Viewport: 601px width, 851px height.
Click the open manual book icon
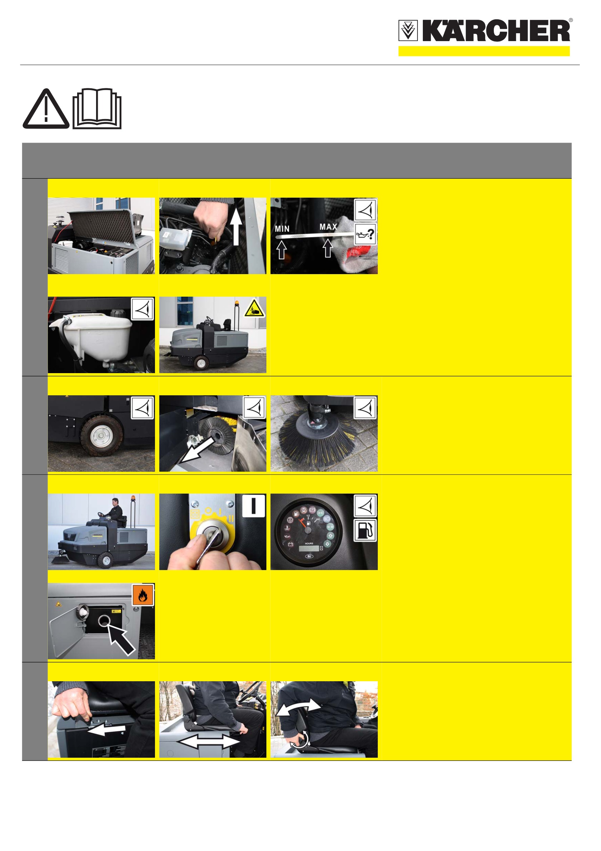tap(97, 109)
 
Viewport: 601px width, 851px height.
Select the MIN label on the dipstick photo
tap(282, 229)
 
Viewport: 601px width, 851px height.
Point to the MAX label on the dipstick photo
tap(328, 227)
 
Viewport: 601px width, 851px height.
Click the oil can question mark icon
tap(365, 234)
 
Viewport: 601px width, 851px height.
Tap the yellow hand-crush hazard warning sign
tap(254, 308)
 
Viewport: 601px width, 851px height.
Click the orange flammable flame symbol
tap(142, 595)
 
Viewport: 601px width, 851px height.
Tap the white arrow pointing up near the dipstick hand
tap(236, 226)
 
